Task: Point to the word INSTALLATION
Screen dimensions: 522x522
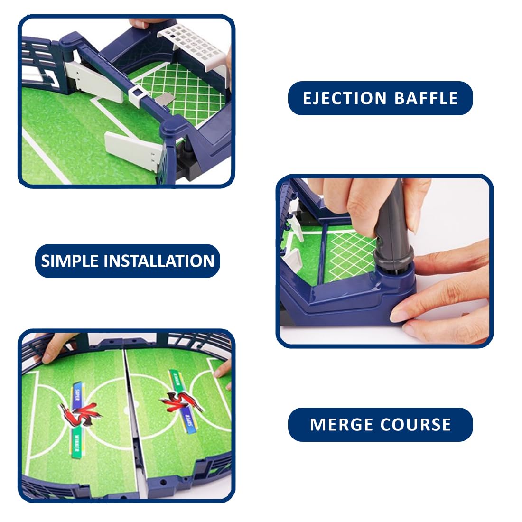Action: pos(159,261)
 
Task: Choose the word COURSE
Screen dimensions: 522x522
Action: pos(417,424)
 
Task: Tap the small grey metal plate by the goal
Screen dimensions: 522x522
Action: pos(164,100)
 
